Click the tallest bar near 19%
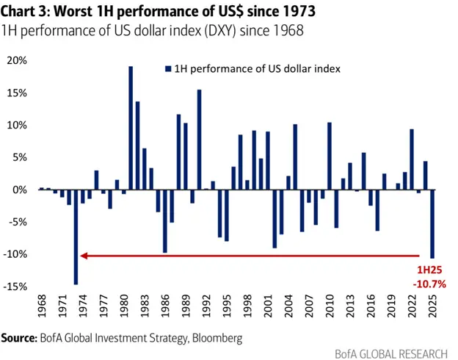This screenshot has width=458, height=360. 131,128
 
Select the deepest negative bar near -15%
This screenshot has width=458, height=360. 76,237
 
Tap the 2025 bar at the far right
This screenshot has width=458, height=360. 432,223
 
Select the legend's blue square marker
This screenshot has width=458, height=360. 167,68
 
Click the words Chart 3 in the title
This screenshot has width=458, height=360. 28,11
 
